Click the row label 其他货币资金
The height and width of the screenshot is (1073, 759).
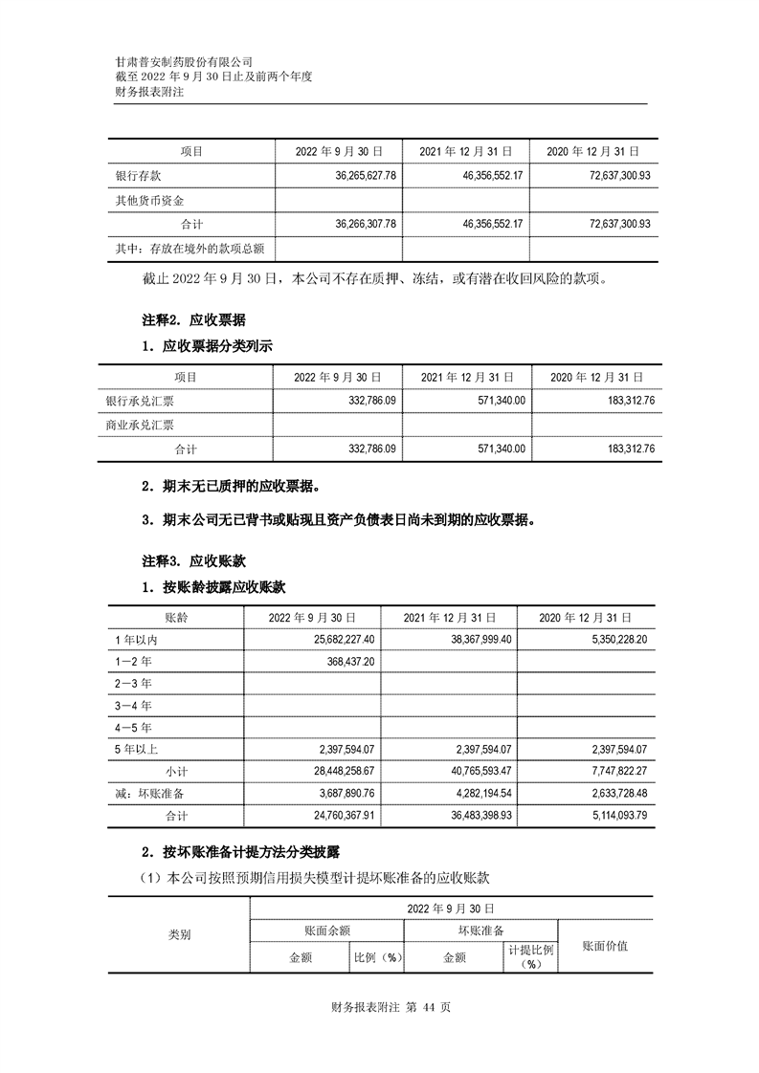[149, 201]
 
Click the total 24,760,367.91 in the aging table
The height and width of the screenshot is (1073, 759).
[346, 816]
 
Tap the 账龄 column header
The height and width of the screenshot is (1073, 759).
[175, 617]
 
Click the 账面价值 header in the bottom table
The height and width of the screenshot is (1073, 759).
[605, 946]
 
